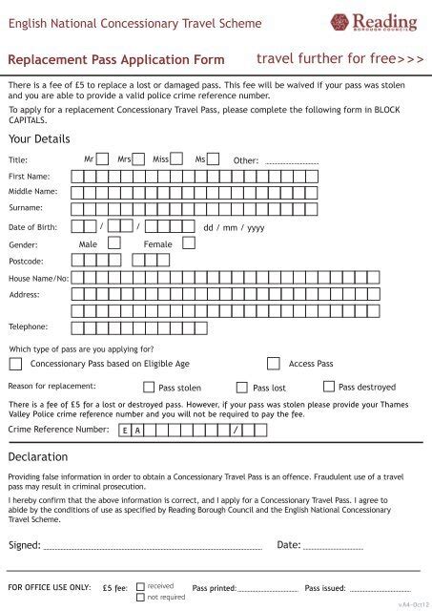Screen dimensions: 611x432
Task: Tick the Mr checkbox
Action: pos(102,159)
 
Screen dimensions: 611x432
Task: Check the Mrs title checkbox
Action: pos(138,159)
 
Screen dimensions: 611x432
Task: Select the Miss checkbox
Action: pos(176,159)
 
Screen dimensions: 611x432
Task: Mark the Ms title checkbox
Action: pos(213,159)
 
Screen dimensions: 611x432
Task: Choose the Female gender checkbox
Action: pos(189,243)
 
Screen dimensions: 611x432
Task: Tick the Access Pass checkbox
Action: pos(274,364)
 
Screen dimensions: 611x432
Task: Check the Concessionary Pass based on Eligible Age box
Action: pos(15,364)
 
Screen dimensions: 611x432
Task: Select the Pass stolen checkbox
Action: pos(149,388)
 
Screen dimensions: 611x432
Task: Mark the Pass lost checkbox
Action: pos(244,388)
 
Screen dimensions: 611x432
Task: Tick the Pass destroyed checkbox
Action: pos(329,387)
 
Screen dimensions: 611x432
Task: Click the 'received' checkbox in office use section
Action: pos(140,585)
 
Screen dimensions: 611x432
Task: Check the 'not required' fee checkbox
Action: pos(140,597)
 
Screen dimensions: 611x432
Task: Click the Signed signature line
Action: pos(153,548)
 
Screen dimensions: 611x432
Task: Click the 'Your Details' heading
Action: pos(38,138)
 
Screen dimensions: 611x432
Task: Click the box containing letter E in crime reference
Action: pos(125,431)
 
